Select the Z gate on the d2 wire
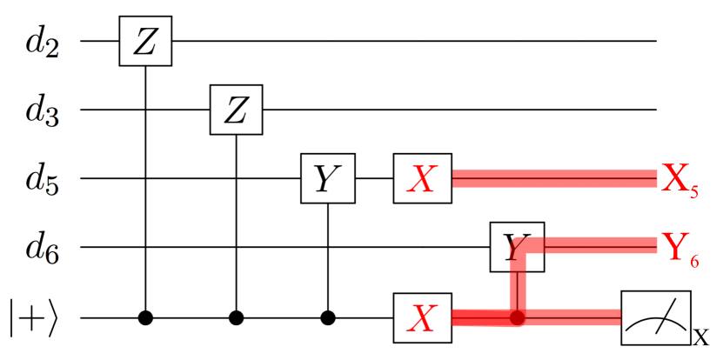145,41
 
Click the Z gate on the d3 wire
237,110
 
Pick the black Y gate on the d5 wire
327,179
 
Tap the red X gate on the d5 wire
422,179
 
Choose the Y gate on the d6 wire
517,248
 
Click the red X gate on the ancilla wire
422,318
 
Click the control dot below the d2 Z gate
145,318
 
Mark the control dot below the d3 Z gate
237,318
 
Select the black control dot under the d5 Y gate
327,318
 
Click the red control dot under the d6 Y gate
519,318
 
